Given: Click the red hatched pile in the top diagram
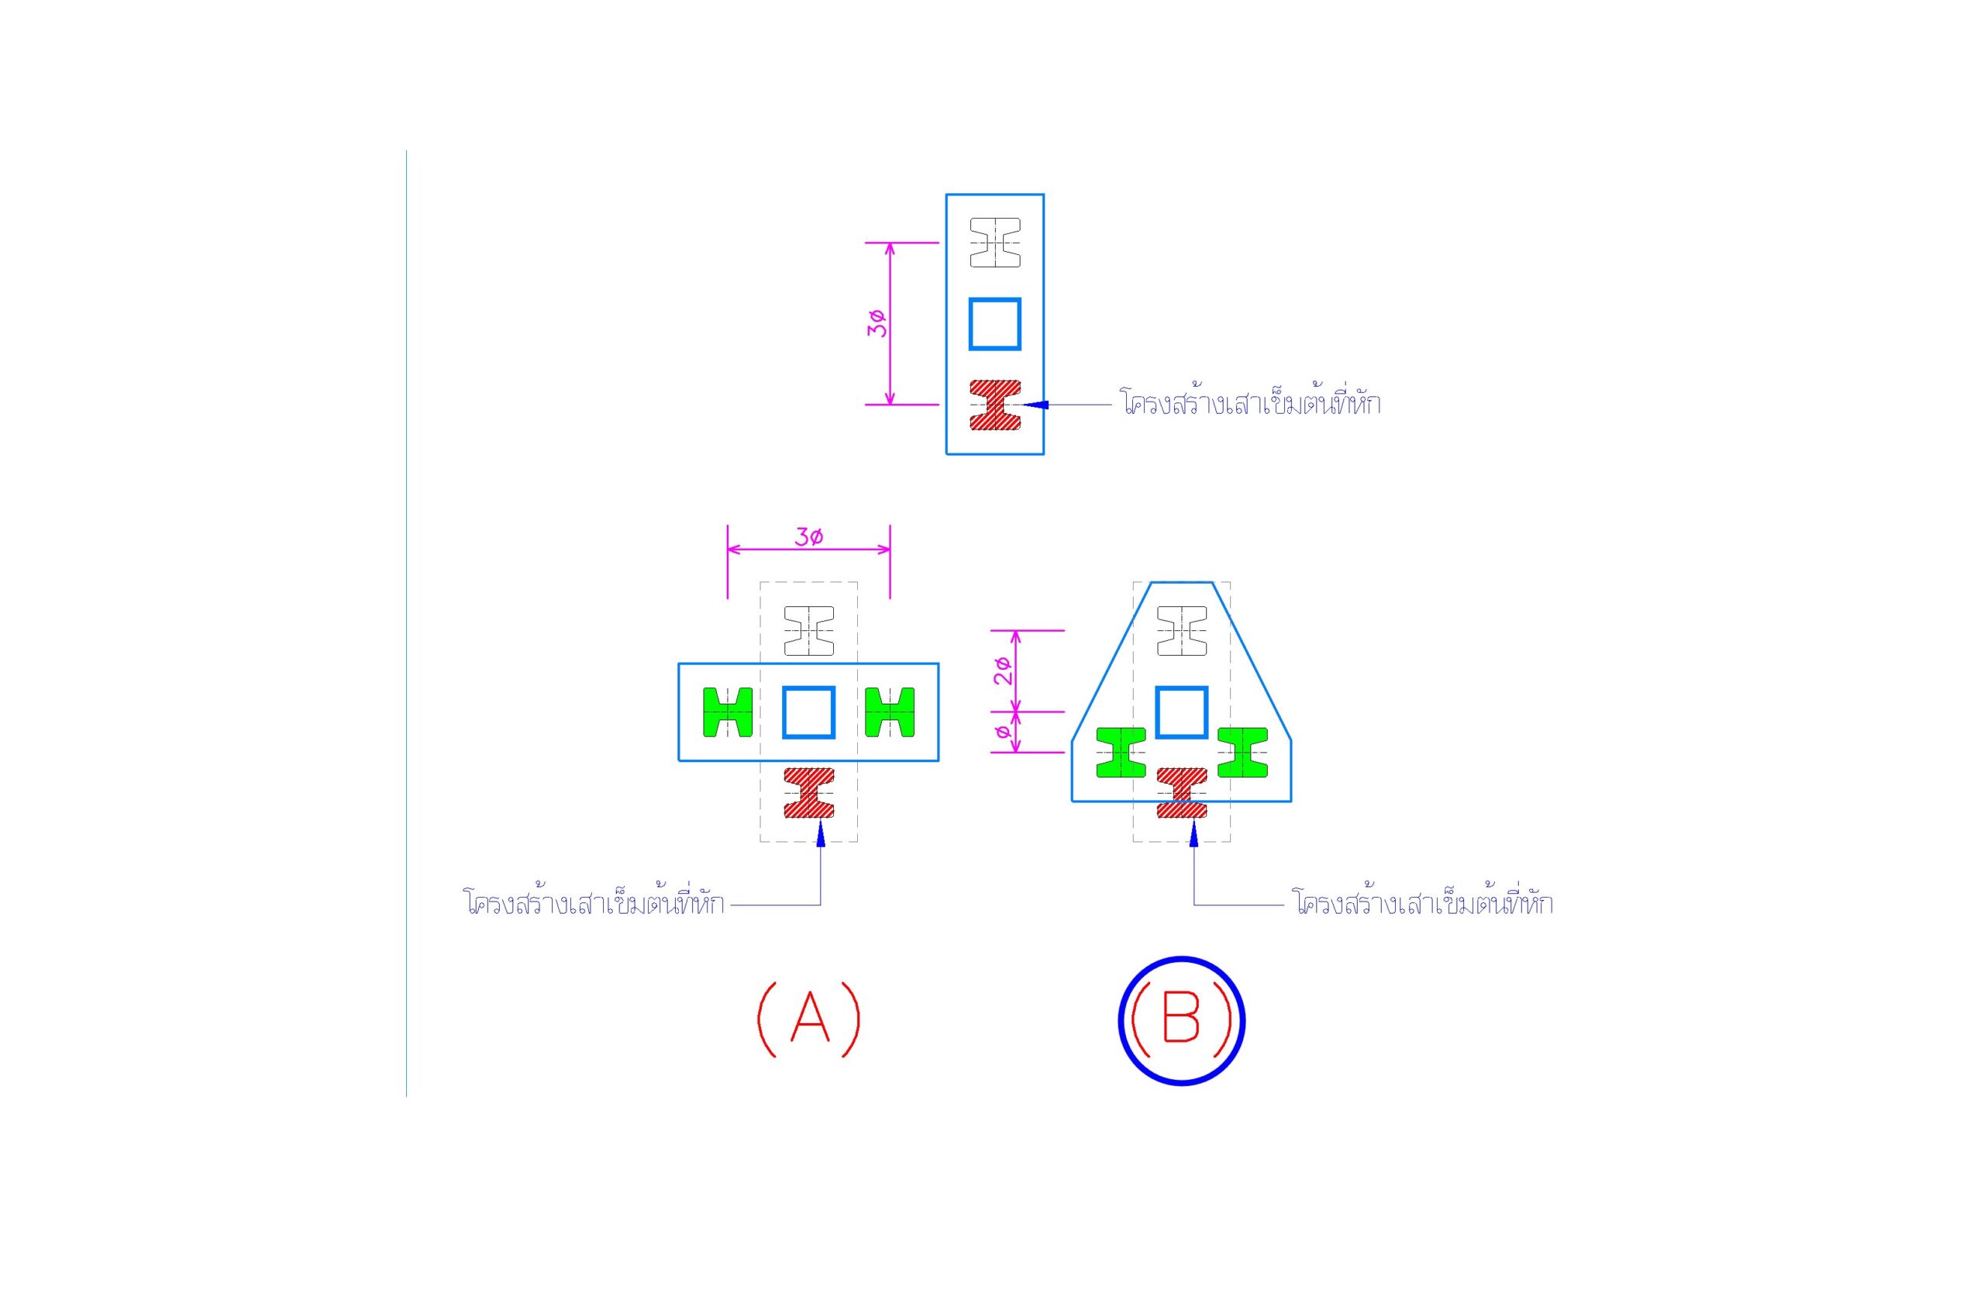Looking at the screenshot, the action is point(994,405).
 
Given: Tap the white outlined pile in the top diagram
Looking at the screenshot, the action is point(994,243).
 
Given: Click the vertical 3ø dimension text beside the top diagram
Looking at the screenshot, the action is point(877,323).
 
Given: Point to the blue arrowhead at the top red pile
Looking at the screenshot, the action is point(1036,405).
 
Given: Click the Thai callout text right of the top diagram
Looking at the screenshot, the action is point(1251,403).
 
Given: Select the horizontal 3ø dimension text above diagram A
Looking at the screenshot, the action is point(808,536).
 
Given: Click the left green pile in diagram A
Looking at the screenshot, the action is point(728,712).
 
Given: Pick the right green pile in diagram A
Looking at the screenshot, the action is point(890,712).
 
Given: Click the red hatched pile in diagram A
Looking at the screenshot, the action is point(808,793).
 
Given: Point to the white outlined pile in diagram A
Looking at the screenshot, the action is point(808,631).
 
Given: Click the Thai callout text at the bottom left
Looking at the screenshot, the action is point(594,903).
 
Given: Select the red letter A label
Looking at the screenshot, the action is point(808,1019).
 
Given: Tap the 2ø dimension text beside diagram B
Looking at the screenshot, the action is point(1004,671).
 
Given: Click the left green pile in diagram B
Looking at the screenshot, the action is point(1121,753).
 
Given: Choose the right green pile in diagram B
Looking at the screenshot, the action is point(1242,753).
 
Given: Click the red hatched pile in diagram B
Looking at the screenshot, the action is point(1181,793).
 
